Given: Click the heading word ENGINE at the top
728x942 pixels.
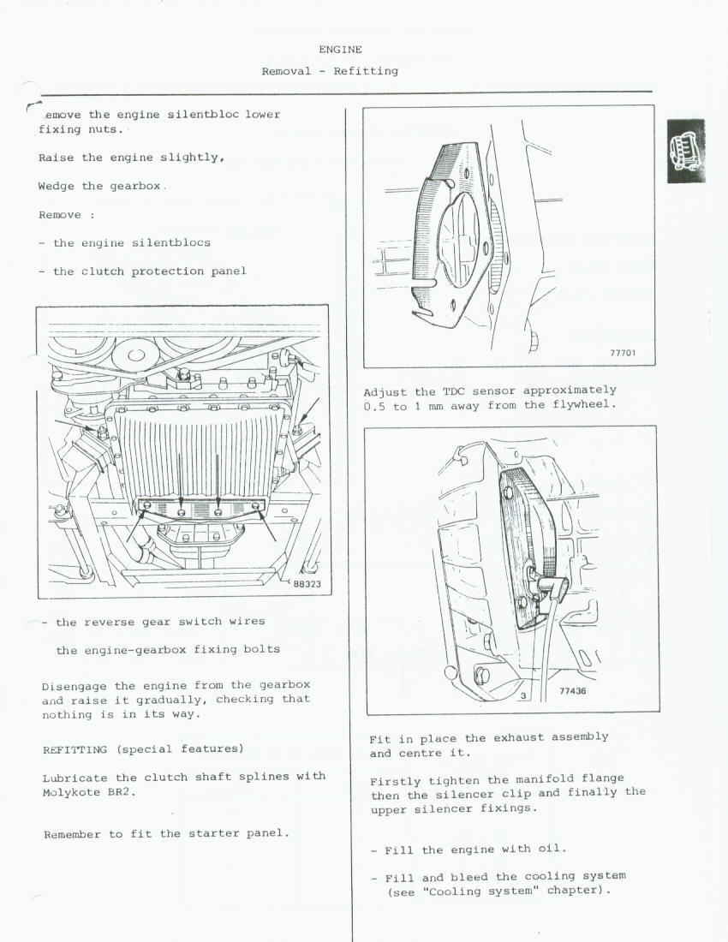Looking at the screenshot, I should [x=340, y=50].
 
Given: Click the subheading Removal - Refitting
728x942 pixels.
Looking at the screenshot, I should [x=330, y=71].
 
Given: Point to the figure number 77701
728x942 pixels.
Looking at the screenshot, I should [x=623, y=352].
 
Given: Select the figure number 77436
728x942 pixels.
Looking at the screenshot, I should [x=573, y=691].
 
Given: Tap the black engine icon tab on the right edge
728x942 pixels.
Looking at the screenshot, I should [x=686, y=151].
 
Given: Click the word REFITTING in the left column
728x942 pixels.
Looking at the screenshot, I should [x=75, y=749].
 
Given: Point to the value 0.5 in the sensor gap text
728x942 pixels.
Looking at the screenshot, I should [x=374, y=406].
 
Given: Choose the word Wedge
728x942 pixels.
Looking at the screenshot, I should [x=57, y=187].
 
